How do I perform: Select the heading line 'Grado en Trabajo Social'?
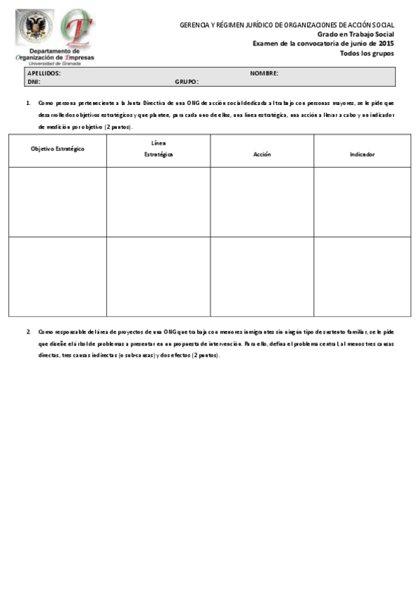(x=355, y=34)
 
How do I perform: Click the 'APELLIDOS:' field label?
(x=43, y=73)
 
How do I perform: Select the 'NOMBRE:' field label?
(x=264, y=73)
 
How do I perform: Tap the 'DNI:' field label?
(x=34, y=82)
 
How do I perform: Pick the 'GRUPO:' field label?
(x=187, y=82)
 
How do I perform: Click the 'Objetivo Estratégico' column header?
(x=57, y=149)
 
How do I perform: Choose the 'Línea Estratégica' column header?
(x=158, y=149)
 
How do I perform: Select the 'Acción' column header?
(x=262, y=154)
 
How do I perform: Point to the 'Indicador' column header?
(x=362, y=154)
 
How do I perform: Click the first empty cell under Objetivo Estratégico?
(x=57, y=202)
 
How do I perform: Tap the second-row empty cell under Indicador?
(x=362, y=277)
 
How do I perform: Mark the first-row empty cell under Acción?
(x=262, y=202)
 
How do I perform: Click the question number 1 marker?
(x=28, y=103)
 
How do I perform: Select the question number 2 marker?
(x=28, y=331)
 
